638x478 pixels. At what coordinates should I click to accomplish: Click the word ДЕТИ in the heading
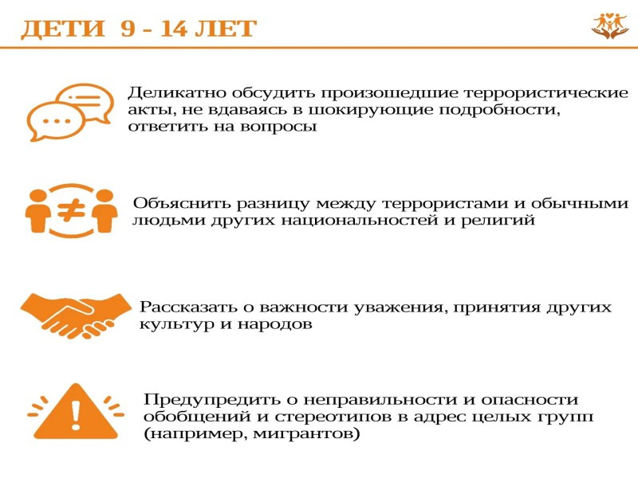pyautogui.click(x=63, y=29)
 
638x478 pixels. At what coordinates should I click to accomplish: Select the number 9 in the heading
pyautogui.click(x=128, y=29)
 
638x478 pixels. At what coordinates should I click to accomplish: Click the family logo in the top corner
pyautogui.click(x=610, y=26)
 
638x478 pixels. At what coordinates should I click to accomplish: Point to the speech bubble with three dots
pyautogui.click(x=55, y=121)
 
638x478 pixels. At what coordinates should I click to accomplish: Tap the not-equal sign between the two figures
pyautogui.click(x=71, y=210)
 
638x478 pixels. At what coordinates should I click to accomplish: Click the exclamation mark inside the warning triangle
pyautogui.click(x=76, y=414)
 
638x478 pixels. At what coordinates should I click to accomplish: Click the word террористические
pyautogui.click(x=546, y=93)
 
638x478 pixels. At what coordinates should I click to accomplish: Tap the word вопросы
pyautogui.click(x=278, y=127)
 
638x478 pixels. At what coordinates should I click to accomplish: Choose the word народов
pyautogui.click(x=274, y=324)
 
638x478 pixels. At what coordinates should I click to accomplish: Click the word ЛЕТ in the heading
pyautogui.click(x=226, y=29)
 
